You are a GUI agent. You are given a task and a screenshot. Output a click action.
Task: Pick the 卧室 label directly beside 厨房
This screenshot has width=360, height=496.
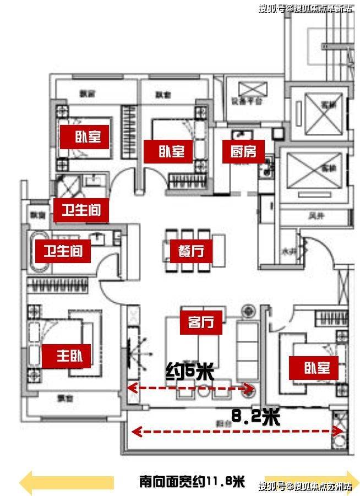[x=167, y=151]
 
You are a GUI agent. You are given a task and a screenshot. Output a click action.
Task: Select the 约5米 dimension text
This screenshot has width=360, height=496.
[x=190, y=373]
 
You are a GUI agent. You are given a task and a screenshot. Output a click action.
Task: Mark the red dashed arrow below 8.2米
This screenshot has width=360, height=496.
[x=237, y=432]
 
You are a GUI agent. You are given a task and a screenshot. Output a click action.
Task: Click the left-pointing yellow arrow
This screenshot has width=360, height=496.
[x=66, y=483]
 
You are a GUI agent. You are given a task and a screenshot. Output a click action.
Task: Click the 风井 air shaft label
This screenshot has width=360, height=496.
[x=314, y=217]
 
